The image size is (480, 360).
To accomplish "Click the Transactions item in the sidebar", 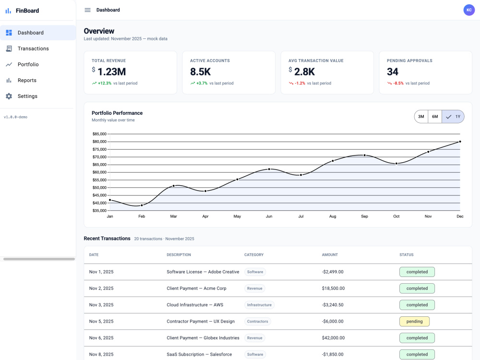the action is (x=33, y=48).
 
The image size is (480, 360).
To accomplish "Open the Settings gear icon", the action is (x=9, y=96).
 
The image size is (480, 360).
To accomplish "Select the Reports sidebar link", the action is (x=27, y=80).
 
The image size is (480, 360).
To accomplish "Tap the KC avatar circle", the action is (x=469, y=10).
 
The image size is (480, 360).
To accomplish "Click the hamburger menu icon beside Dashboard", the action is (x=87, y=10).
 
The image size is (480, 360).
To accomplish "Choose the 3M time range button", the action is (x=421, y=117).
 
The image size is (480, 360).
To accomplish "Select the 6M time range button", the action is (x=435, y=117).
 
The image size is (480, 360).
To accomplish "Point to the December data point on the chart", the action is (x=460, y=142).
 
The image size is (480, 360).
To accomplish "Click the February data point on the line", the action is (x=142, y=205).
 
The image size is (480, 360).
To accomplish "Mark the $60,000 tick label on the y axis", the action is (x=99, y=172).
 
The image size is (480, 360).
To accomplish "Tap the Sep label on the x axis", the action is (x=364, y=216).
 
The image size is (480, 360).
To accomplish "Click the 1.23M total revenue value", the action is (x=112, y=72).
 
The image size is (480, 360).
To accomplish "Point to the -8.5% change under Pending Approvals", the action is (x=398, y=83).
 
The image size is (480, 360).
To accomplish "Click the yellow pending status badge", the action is (x=415, y=322).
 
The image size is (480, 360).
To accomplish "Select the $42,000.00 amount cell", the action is (x=333, y=338).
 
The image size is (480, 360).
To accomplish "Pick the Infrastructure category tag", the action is (x=259, y=305).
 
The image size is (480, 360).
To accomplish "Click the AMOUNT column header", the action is (x=330, y=255).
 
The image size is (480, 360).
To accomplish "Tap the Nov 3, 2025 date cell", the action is (x=101, y=305).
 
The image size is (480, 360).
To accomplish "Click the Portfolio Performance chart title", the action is (x=117, y=113).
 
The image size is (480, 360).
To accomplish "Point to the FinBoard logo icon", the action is (x=8, y=11).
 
